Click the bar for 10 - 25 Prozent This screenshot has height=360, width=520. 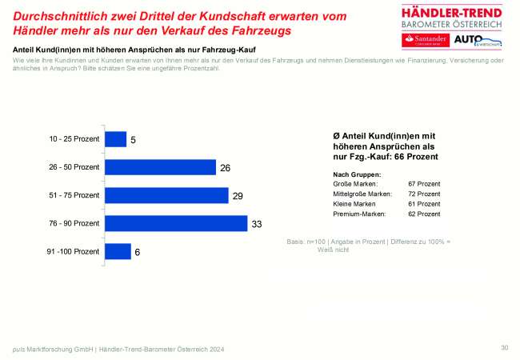(116, 139)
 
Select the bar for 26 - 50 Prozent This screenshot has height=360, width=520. (161, 167)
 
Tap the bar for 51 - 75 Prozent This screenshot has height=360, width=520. (166, 195)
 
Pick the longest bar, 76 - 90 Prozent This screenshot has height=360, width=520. (177, 223)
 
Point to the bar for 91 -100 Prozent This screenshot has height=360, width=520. (118, 251)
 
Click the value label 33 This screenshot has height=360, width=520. (258, 224)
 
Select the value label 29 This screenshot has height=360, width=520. (237, 196)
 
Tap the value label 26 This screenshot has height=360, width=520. (226, 168)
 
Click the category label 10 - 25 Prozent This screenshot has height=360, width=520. (74, 139)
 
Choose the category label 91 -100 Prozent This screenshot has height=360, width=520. (73, 251)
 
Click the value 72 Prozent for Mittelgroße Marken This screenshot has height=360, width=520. (423, 194)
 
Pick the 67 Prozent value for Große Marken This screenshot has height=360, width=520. (423, 183)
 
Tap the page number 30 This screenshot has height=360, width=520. (504, 347)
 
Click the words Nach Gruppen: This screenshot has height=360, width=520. (356, 173)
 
